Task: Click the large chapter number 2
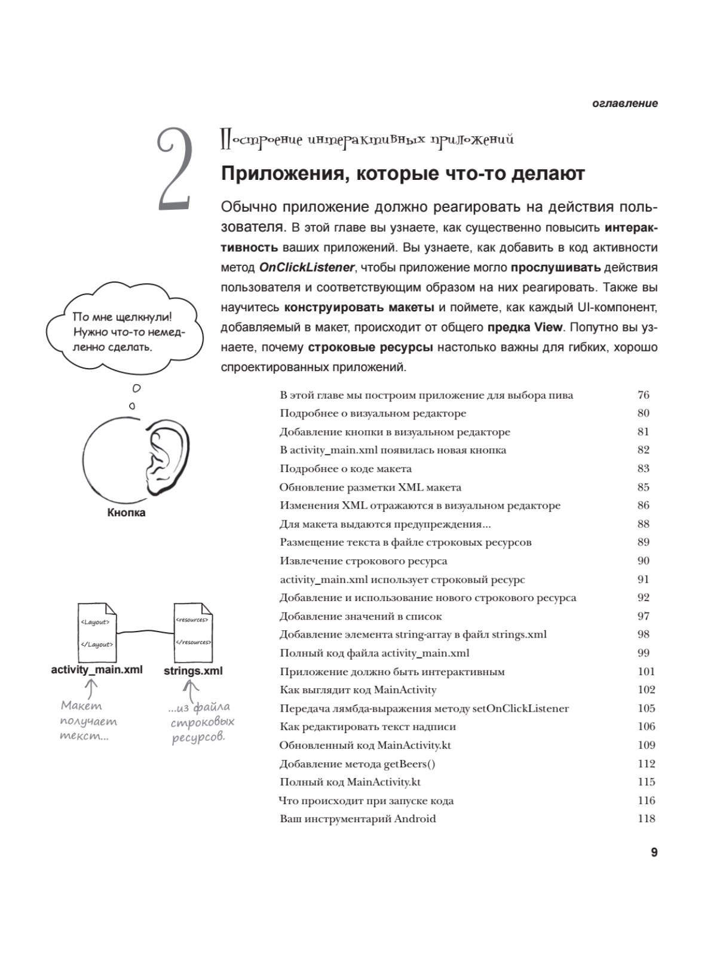174,169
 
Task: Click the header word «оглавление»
625,103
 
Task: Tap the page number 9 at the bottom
654,853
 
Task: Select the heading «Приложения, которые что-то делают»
403,174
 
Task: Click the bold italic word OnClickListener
307,268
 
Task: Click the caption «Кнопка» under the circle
126,513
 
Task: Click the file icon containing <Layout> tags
97,632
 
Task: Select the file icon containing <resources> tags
192,631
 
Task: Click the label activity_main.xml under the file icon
97,669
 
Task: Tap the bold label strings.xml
193,671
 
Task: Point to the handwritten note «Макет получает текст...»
88,721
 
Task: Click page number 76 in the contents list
643,395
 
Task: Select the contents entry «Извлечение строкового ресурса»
363,561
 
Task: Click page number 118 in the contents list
646,819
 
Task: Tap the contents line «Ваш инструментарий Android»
357,819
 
